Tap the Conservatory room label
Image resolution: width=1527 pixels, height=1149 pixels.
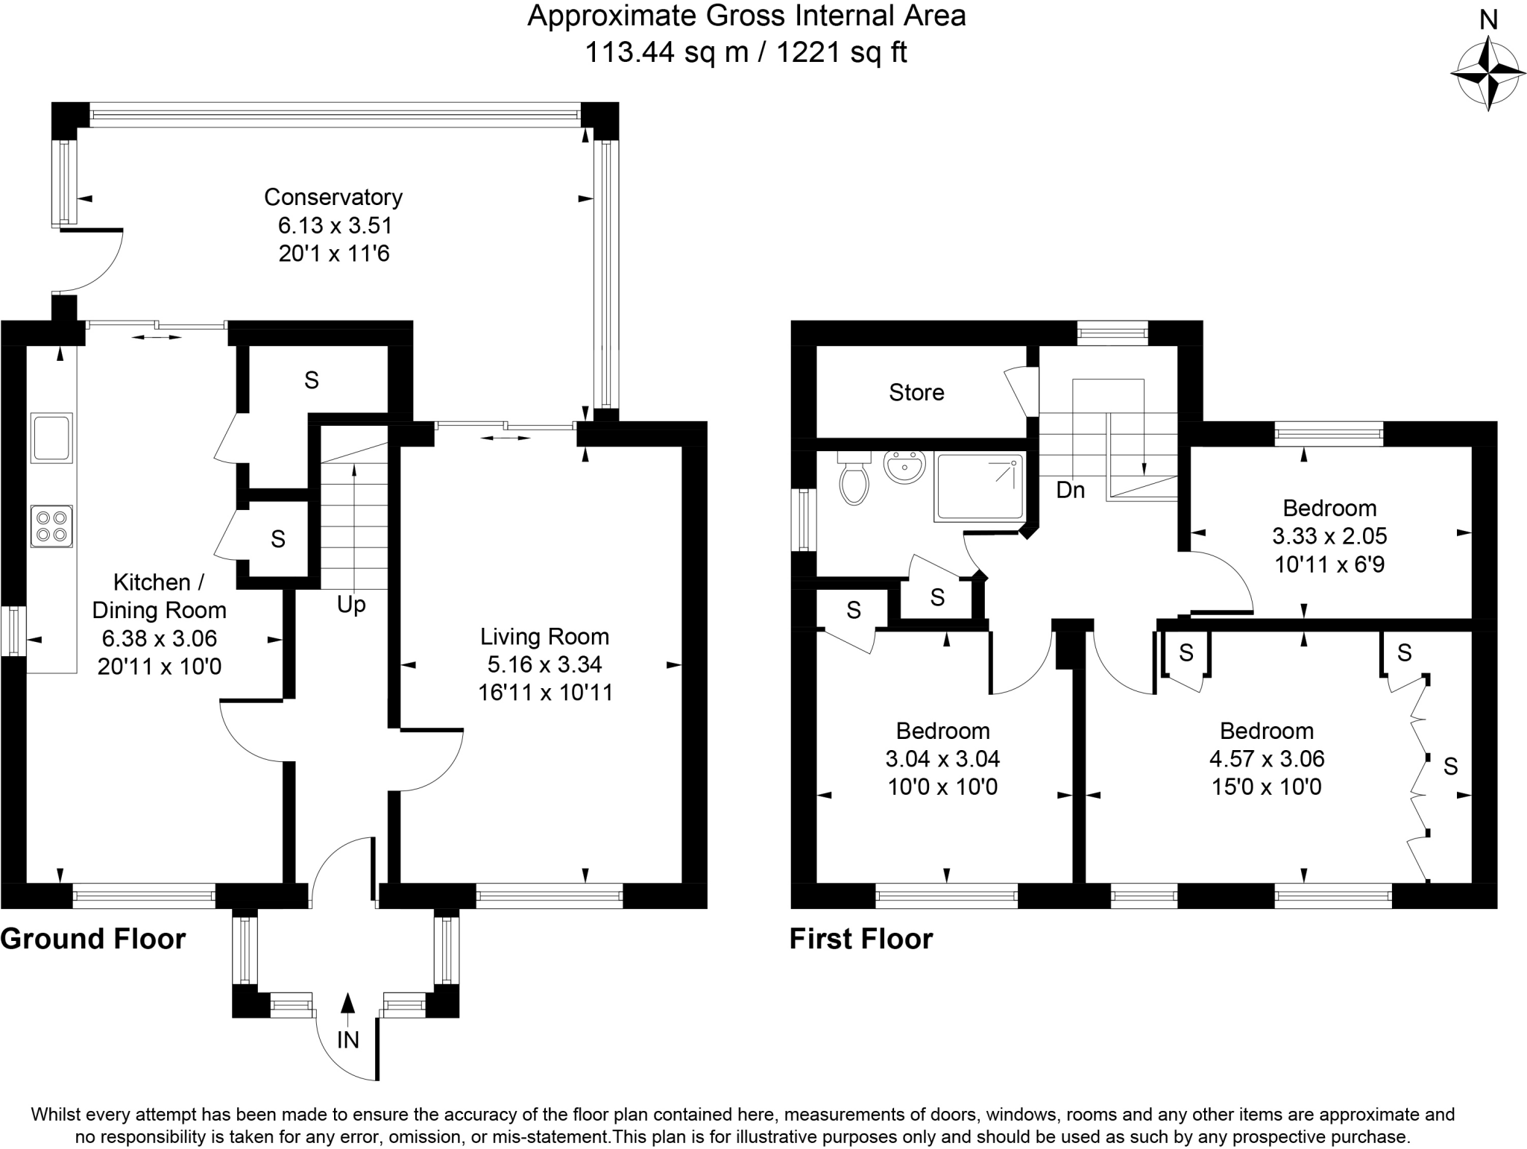pos(333,198)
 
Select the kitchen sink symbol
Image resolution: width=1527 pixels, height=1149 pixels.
pos(51,438)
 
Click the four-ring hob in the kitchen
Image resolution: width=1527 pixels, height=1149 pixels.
pos(51,526)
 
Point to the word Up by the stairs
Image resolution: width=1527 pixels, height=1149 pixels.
pos(350,604)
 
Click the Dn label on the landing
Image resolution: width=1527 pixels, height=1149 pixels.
pos(1071,490)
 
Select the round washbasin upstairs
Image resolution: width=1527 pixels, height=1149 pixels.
pos(904,467)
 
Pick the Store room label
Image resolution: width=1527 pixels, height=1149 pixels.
pos(916,392)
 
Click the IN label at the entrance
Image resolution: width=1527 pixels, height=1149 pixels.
pos(347,1039)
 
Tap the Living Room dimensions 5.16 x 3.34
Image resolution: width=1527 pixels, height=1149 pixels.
pos(545,664)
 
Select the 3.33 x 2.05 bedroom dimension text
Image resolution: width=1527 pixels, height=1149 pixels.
pos(1329,536)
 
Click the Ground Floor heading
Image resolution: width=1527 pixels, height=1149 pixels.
pos(93,939)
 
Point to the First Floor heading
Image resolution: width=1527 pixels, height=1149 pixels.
pos(861,939)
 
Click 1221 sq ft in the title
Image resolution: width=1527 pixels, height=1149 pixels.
pos(842,52)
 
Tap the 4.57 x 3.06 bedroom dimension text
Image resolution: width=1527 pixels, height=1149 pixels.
pos(1266,759)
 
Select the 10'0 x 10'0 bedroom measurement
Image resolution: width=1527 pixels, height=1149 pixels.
pos(942,787)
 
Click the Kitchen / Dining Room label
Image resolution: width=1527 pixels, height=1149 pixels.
pos(159,596)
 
